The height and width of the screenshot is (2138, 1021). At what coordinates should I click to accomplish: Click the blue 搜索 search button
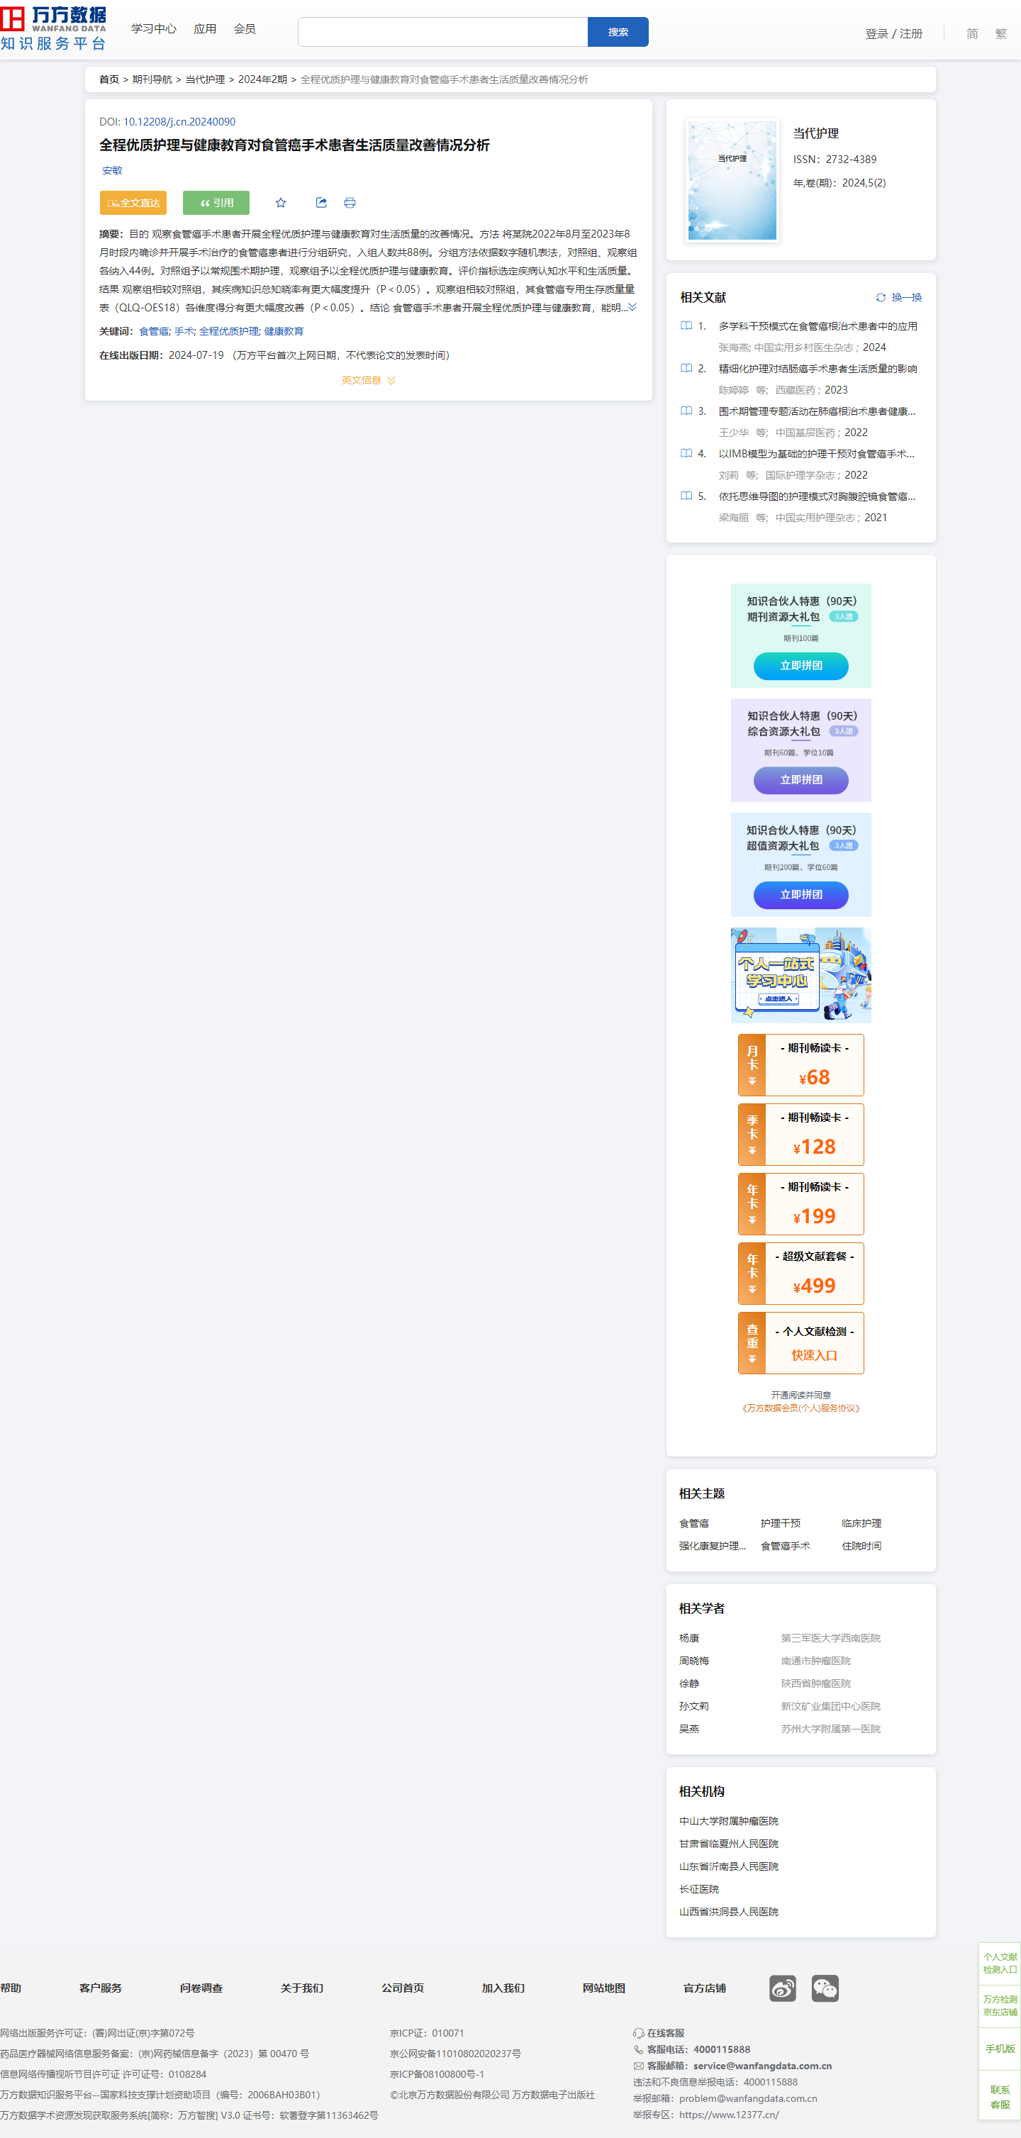click(618, 31)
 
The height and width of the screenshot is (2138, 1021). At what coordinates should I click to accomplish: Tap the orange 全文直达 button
click(133, 203)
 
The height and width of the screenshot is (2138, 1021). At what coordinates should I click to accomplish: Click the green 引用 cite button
click(216, 203)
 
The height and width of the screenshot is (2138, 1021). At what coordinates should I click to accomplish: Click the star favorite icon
click(281, 203)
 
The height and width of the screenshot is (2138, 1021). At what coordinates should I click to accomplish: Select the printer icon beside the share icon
click(350, 203)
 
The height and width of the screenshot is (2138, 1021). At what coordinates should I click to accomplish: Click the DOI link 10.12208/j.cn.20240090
click(179, 121)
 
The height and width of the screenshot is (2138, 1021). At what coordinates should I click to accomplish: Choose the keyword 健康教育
click(284, 331)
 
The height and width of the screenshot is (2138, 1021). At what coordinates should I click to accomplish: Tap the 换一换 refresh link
click(899, 297)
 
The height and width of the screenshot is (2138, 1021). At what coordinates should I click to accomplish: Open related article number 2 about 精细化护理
click(818, 369)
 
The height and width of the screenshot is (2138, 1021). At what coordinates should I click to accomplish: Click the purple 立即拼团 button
click(801, 779)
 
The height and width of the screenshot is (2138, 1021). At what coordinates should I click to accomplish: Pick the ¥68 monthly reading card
click(801, 1065)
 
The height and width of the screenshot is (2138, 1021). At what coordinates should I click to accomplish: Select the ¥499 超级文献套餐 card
click(801, 1273)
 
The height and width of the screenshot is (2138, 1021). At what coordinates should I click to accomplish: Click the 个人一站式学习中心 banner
click(801, 974)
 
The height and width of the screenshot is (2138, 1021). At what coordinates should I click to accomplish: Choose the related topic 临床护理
click(861, 1523)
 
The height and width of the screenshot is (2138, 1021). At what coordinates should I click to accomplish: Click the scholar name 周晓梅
click(694, 1661)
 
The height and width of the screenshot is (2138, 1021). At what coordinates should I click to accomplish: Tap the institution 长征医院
click(699, 1889)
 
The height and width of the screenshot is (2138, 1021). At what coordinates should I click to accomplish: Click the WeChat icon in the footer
click(825, 1988)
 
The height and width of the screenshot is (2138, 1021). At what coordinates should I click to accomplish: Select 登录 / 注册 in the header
click(894, 33)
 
